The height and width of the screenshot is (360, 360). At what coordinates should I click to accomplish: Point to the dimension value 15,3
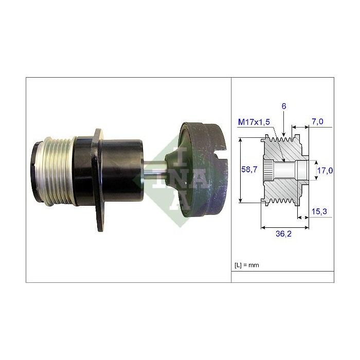(320, 211)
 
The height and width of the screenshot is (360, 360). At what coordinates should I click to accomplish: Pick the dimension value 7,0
(318, 122)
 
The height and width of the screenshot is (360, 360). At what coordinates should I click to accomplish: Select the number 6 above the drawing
(284, 106)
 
